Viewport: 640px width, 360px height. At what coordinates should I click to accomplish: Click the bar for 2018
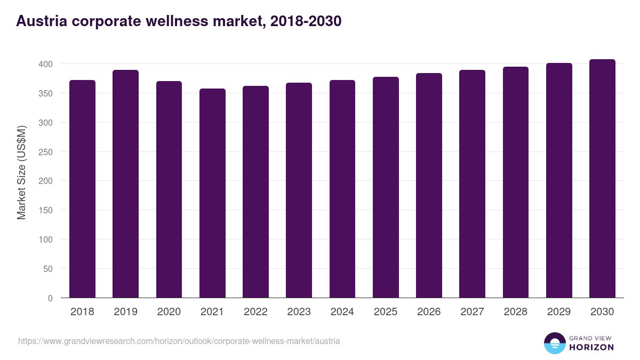pyautogui.click(x=82, y=189)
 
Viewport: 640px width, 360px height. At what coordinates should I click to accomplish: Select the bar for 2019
pyautogui.click(x=125, y=184)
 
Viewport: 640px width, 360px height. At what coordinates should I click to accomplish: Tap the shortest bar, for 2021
pyautogui.click(x=212, y=193)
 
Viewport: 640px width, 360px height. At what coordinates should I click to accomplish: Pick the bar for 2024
pyautogui.click(x=342, y=189)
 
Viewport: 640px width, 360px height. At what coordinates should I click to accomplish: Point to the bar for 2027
pyautogui.click(x=472, y=184)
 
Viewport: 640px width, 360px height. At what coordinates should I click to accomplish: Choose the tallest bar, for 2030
pyautogui.click(x=602, y=179)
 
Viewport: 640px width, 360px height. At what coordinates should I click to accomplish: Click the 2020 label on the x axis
pyautogui.click(x=169, y=312)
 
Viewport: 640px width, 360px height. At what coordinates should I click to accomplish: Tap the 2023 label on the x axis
pyautogui.click(x=299, y=312)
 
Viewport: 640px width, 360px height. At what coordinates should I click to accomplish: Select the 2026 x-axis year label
pyautogui.click(x=429, y=312)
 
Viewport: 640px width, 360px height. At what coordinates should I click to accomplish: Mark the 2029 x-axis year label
pyautogui.click(x=558, y=312)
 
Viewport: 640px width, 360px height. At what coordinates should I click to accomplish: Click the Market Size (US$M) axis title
pyautogui.click(x=21, y=172)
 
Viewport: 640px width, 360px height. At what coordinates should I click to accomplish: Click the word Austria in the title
pyautogui.click(x=41, y=21)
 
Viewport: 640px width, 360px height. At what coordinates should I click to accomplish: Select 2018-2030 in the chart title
pyautogui.click(x=306, y=21)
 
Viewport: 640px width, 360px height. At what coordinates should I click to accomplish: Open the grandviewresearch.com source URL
pyautogui.click(x=179, y=341)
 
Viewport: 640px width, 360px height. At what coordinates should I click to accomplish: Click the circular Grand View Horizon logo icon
pyautogui.click(x=554, y=343)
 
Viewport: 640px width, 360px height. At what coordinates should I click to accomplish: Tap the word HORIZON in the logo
pyautogui.click(x=591, y=347)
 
